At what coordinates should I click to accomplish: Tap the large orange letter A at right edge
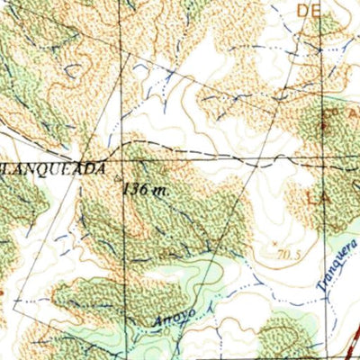click(354, 115)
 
